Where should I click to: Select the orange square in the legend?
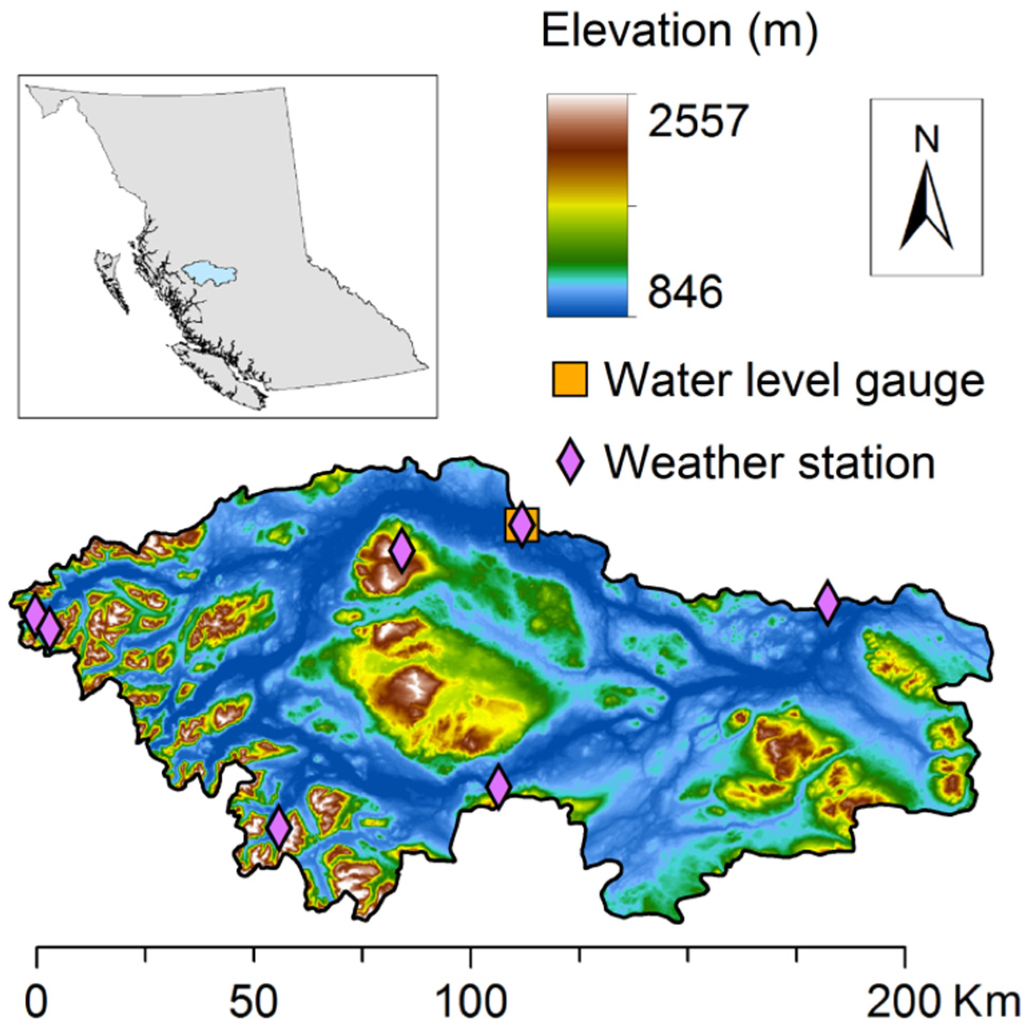570,379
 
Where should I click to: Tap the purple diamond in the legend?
571,461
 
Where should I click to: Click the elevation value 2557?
697,121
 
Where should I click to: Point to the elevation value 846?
685,292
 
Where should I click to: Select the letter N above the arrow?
927,140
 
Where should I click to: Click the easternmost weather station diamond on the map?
827,603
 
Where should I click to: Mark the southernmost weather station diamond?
279,828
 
